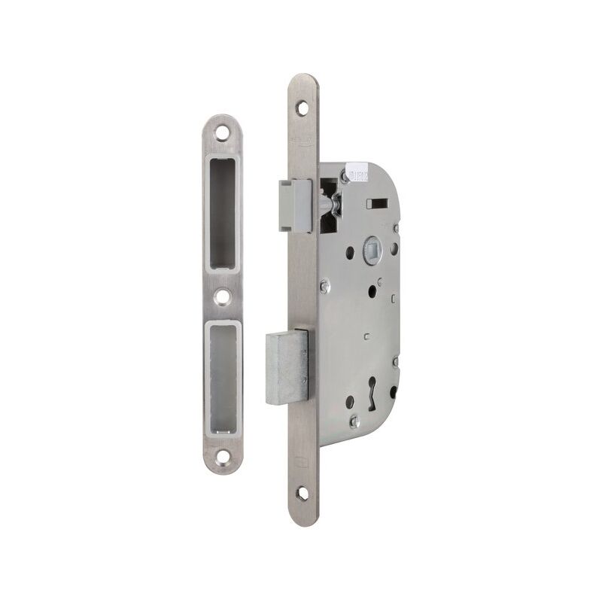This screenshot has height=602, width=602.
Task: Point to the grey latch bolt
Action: (294, 205)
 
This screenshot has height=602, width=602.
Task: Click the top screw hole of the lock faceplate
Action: (303, 108)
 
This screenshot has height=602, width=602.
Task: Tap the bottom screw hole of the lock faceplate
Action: (303, 493)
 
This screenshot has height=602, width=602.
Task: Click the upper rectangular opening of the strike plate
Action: (223, 213)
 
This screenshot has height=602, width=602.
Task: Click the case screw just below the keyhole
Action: (354, 421)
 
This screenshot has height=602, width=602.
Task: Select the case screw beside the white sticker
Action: (344, 178)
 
